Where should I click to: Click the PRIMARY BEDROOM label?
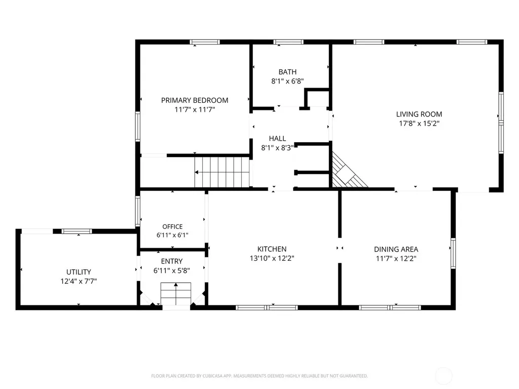pyautogui.click(x=195, y=100)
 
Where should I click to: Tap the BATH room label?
pyautogui.click(x=287, y=72)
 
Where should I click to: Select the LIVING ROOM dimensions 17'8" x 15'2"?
pyautogui.click(x=419, y=124)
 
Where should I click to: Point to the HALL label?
pyautogui.click(x=277, y=138)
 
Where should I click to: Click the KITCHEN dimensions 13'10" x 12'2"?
pyautogui.click(x=272, y=258)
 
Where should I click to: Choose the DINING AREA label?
pyautogui.click(x=396, y=249)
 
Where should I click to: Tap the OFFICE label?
pyautogui.click(x=172, y=226)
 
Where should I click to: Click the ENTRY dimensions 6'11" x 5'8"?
pyautogui.click(x=171, y=270)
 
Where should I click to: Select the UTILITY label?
pyautogui.click(x=79, y=272)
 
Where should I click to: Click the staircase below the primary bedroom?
pyautogui.click(x=222, y=172)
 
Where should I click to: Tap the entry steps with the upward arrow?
pyautogui.click(x=176, y=294)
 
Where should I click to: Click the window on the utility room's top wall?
pyautogui.click(x=77, y=231)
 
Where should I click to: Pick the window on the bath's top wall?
pyautogui.click(x=288, y=42)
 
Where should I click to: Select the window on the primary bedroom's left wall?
pyautogui.click(x=138, y=127)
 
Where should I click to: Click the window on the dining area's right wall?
pyautogui.click(x=453, y=253)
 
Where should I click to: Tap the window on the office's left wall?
pyautogui.click(x=138, y=211)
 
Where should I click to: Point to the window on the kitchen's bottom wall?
pyautogui.click(x=267, y=307)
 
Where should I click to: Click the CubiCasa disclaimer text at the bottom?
pyautogui.click(x=259, y=376)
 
